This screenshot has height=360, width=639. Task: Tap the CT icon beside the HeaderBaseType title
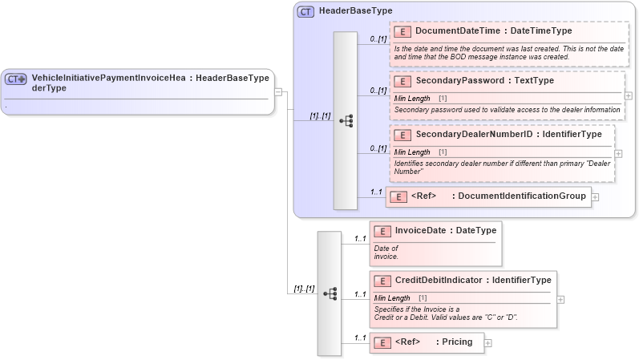[305, 12]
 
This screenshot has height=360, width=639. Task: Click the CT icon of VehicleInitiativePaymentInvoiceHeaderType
[16, 79]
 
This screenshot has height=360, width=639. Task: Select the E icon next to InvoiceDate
[382, 231]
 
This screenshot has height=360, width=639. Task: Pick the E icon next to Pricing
[382, 342]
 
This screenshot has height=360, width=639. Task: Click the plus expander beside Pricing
[487, 342]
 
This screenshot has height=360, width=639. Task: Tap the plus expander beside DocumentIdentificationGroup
[595, 196]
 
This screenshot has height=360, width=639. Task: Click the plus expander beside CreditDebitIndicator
[560, 299]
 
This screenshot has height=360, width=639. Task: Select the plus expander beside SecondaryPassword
[628, 95]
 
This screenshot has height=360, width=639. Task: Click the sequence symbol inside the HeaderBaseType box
[346, 120]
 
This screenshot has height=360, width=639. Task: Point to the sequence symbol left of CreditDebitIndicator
[330, 293]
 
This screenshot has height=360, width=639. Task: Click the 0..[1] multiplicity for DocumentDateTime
[378, 38]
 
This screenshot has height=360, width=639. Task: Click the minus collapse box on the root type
[277, 91]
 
